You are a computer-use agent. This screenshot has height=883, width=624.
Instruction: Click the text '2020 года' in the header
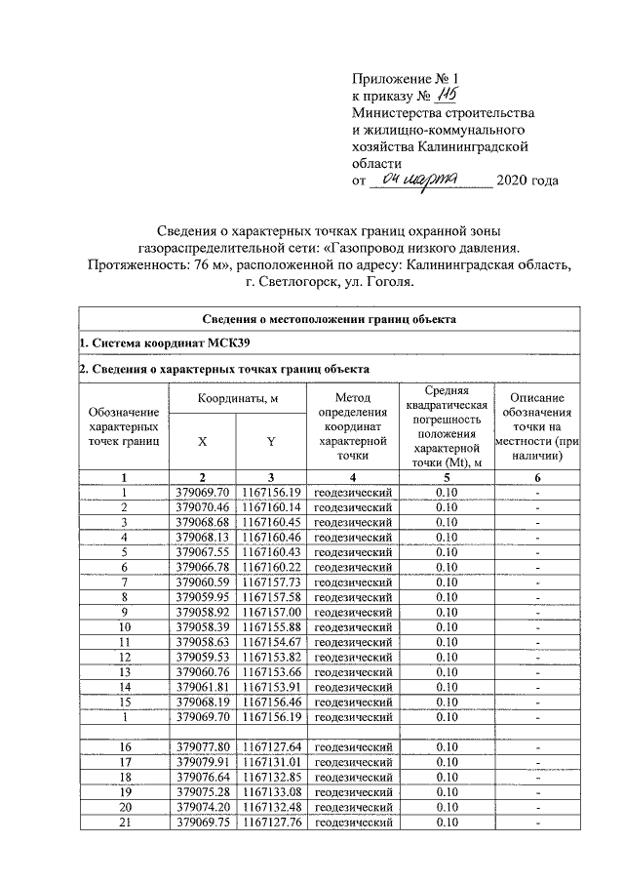click(x=527, y=181)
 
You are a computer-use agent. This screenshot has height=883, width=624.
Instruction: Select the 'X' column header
click(x=202, y=440)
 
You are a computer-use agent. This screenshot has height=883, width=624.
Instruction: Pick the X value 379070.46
click(x=203, y=507)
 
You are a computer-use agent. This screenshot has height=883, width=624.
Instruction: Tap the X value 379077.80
click(x=203, y=747)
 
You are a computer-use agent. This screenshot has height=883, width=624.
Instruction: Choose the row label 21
click(x=124, y=821)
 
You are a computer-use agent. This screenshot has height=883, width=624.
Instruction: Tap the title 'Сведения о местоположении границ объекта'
click(x=330, y=319)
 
